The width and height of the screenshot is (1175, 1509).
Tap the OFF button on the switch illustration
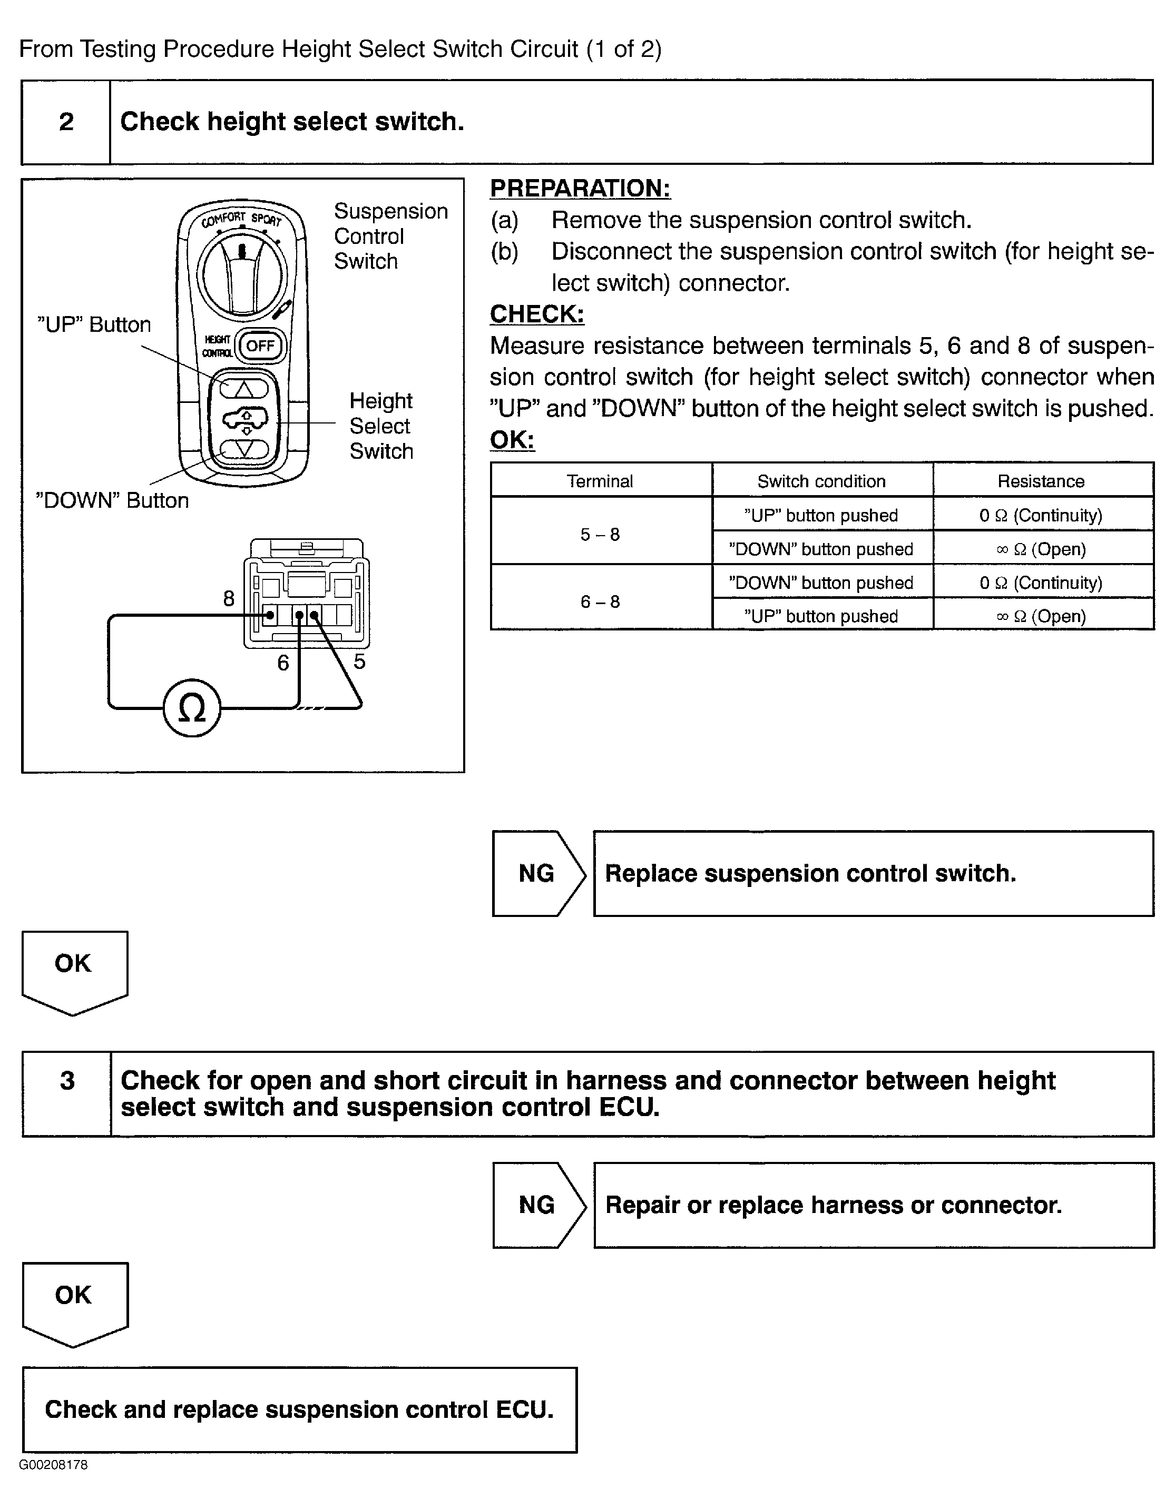tap(261, 346)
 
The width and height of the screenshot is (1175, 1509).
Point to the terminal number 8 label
tap(229, 598)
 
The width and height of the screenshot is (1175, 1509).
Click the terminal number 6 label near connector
tap(283, 663)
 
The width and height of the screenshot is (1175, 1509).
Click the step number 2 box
tap(66, 122)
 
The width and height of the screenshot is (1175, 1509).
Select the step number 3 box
tap(67, 1081)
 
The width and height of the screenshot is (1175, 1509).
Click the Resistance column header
tap(1041, 481)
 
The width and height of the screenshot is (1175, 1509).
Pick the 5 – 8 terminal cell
tap(600, 534)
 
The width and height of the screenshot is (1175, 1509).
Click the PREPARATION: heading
tap(580, 189)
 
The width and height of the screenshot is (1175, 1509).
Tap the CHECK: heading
tap(537, 314)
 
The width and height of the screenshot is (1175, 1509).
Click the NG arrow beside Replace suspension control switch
tap(538, 873)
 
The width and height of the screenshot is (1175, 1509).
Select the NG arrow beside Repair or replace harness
tap(538, 1205)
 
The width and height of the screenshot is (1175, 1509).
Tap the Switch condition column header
tap(821, 481)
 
